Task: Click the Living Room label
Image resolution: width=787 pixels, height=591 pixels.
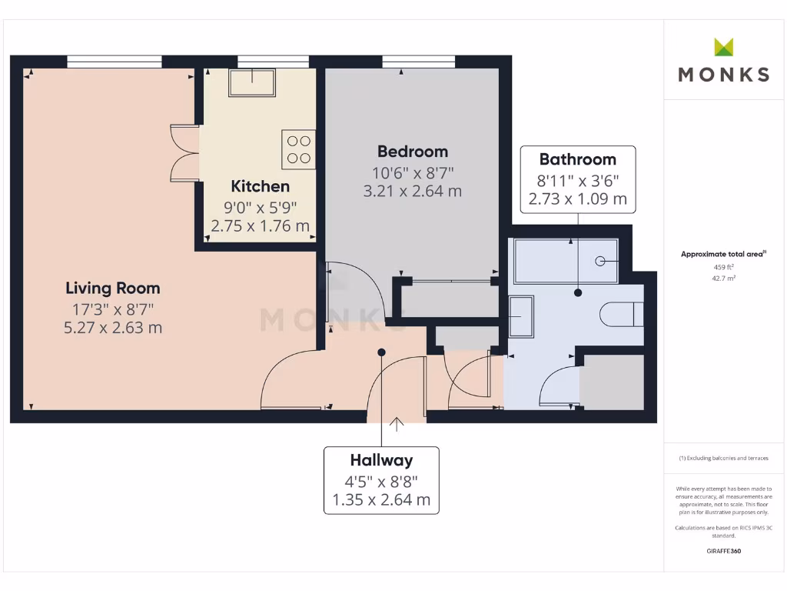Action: (113, 289)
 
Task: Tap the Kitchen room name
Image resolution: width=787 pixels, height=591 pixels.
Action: (261, 186)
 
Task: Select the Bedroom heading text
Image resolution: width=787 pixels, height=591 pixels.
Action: (412, 152)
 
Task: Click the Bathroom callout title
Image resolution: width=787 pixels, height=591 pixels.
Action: (577, 159)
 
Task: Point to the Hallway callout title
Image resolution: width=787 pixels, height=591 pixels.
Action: (381, 460)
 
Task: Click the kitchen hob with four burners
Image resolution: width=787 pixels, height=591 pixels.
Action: (298, 149)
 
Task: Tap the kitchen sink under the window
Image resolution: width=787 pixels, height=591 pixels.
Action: (252, 82)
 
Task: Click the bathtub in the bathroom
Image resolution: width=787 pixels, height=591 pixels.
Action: (569, 262)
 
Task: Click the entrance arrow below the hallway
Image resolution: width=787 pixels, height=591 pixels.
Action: (397, 422)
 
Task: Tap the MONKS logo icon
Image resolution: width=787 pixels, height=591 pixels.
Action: (723, 48)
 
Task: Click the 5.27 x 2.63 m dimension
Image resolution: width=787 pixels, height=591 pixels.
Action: (113, 328)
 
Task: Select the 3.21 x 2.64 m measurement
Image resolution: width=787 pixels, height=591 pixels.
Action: (412, 191)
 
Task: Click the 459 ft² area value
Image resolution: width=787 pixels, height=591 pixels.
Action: (722, 268)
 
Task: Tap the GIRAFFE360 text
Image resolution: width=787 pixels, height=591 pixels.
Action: (722, 551)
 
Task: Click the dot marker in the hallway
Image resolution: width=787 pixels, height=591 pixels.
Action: (381, 352)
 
